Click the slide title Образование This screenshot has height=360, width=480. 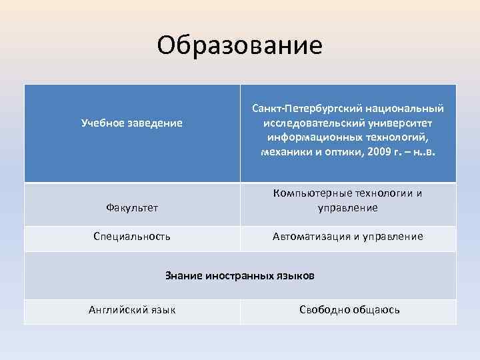coord(240,45)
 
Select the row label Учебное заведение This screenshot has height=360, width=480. coord(132,123)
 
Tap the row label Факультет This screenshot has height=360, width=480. coord(132,208)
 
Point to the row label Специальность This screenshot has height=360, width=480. coord(132,236)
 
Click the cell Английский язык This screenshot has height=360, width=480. coord(132,309)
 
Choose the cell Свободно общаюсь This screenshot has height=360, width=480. coord(349,309)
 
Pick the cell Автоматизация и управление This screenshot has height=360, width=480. coord(348,236)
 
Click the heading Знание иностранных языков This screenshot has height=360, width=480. coord(239,275)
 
